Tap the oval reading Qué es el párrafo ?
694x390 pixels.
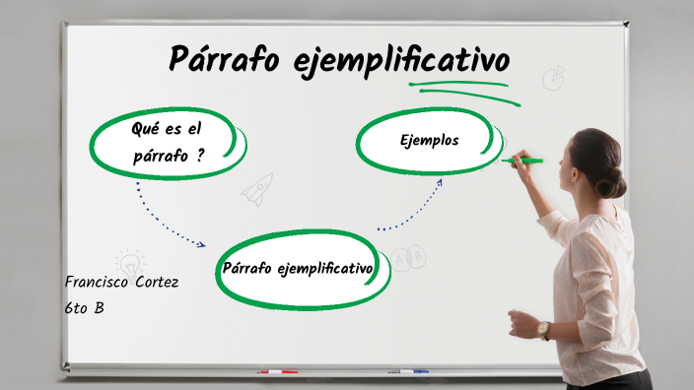167,142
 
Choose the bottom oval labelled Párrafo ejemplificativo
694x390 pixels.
297,268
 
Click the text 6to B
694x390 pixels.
84,307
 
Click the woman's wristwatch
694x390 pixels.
543,330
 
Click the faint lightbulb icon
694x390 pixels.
128,260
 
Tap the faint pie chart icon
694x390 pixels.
554,77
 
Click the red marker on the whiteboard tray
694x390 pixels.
277,371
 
